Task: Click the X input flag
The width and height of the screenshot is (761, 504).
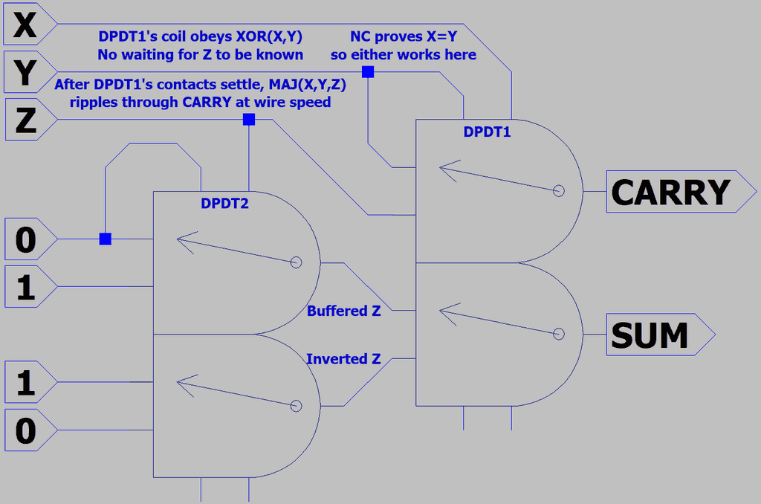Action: click(28, 26)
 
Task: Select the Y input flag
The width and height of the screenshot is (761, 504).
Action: click(28, 73)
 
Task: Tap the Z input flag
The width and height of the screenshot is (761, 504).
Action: click(28, 120)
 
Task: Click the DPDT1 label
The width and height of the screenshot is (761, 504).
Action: click(488, 132)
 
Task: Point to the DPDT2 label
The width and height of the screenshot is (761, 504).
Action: click(224, 202)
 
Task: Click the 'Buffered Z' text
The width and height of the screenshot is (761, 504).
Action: click(343, 311)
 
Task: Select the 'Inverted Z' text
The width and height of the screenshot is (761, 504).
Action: click(343, 359)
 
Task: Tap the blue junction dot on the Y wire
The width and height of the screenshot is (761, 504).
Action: click(367, 72)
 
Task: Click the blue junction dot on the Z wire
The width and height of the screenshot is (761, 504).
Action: click(249, 120)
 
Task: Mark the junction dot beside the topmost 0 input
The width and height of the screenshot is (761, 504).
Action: click(106, 239)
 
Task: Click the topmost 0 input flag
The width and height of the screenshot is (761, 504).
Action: click(28, 239)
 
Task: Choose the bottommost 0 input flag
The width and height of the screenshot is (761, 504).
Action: click(28, 430)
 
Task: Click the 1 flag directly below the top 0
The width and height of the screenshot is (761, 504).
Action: click(28, 287)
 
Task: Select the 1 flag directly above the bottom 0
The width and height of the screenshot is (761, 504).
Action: click(28, 383)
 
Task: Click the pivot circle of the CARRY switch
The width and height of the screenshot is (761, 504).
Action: click(560, 191)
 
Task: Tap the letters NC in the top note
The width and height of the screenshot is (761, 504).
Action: click(360, 36)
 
